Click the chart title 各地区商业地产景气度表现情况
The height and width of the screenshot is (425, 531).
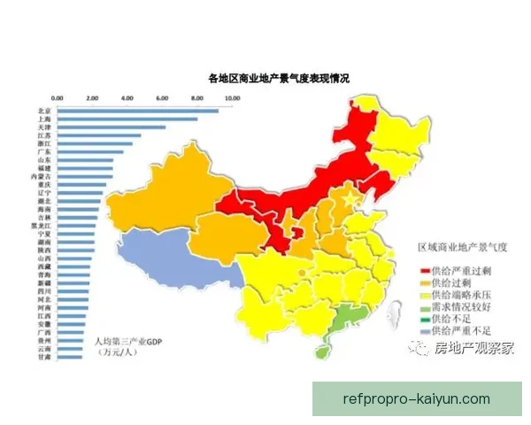tap(279, 80)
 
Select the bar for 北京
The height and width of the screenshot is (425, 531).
tap(137, 110)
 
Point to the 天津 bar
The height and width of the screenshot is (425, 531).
tap(111, 127)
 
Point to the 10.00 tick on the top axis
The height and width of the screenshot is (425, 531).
tap(232, 97)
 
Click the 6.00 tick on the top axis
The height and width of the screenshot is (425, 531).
tap(162, 97)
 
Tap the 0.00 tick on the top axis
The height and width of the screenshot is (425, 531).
tap(58, 97)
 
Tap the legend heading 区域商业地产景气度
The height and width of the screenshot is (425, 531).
tap(460, 251)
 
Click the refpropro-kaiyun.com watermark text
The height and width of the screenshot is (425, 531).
tap(415, 398)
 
